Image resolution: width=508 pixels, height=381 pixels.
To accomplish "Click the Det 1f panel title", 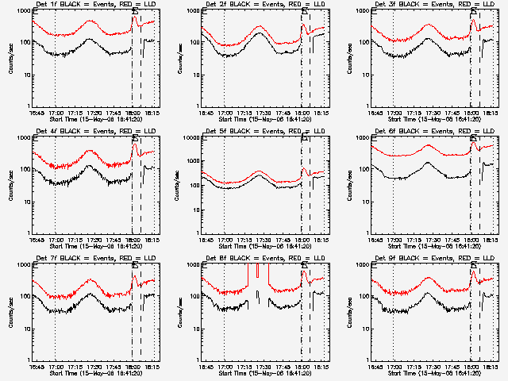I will coord(95,5).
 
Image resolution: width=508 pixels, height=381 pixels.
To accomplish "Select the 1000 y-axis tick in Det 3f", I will coord(365,10).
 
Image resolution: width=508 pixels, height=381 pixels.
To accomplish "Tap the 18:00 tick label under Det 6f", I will coord(471,240).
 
